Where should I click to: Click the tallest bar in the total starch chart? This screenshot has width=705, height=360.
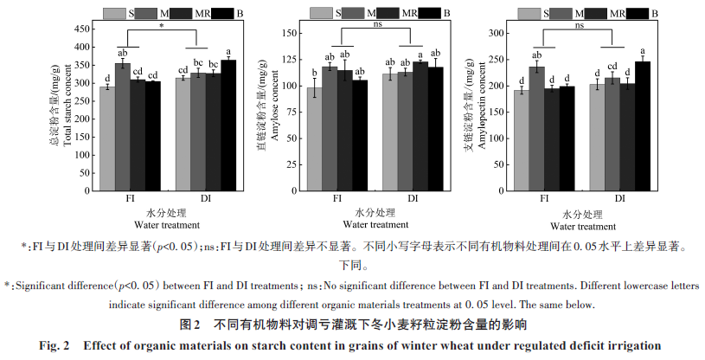(x=228, y=125)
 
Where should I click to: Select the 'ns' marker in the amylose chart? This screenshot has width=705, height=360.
(x=377, y=26)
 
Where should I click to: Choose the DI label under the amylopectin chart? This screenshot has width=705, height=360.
(x=621, y=199)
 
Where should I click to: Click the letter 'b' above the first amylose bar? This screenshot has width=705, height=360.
(x=314, y=73)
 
